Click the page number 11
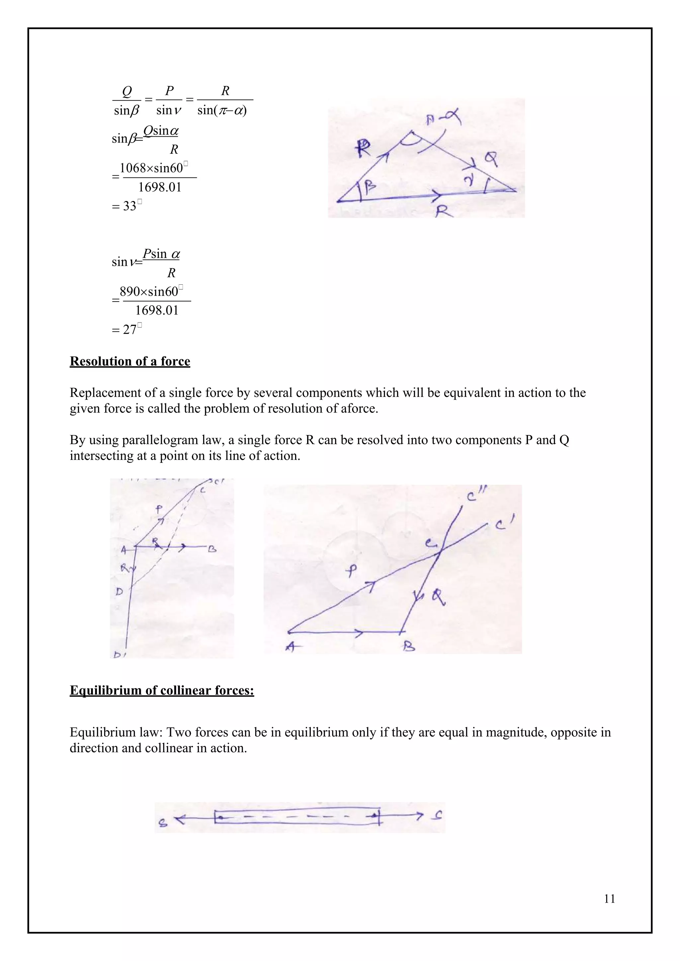click(610, 899)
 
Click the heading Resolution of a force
click(130, 361)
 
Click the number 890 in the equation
click(130, 292)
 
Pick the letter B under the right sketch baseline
click(409, 647)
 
